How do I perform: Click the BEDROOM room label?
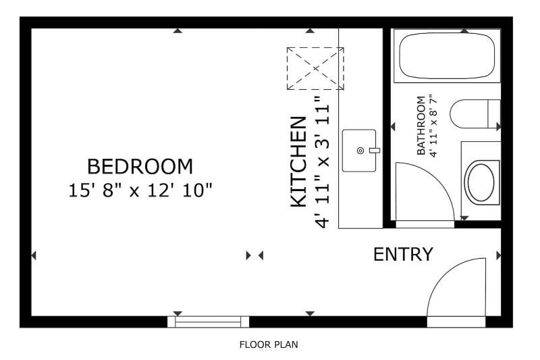(x=140, y=167)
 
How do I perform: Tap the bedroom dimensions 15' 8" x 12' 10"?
(x=140, y=190)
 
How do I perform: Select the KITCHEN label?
(x=298, y=162)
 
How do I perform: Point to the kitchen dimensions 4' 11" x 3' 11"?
(x=323, y=161)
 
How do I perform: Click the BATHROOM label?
(x=421, y=126)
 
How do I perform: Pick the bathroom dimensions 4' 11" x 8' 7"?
(x=433, y=126)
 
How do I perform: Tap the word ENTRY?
(x=403, y=255)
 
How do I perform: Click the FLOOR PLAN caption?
(x=269, y=344)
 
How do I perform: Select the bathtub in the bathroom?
(x=447, y=55)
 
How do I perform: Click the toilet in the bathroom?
(x=475, y=113)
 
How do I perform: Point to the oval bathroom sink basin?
(x=481, y=182)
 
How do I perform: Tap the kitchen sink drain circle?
(x=360, y=151)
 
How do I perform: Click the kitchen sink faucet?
(x=375, y=151)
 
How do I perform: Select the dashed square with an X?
(x=315, y=68)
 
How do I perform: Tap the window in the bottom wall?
(x=208, y=322)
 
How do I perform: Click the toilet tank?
(x=494, y=113)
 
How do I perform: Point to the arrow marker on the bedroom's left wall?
(x=33, y=255)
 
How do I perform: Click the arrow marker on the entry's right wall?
(x=498, y=255)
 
